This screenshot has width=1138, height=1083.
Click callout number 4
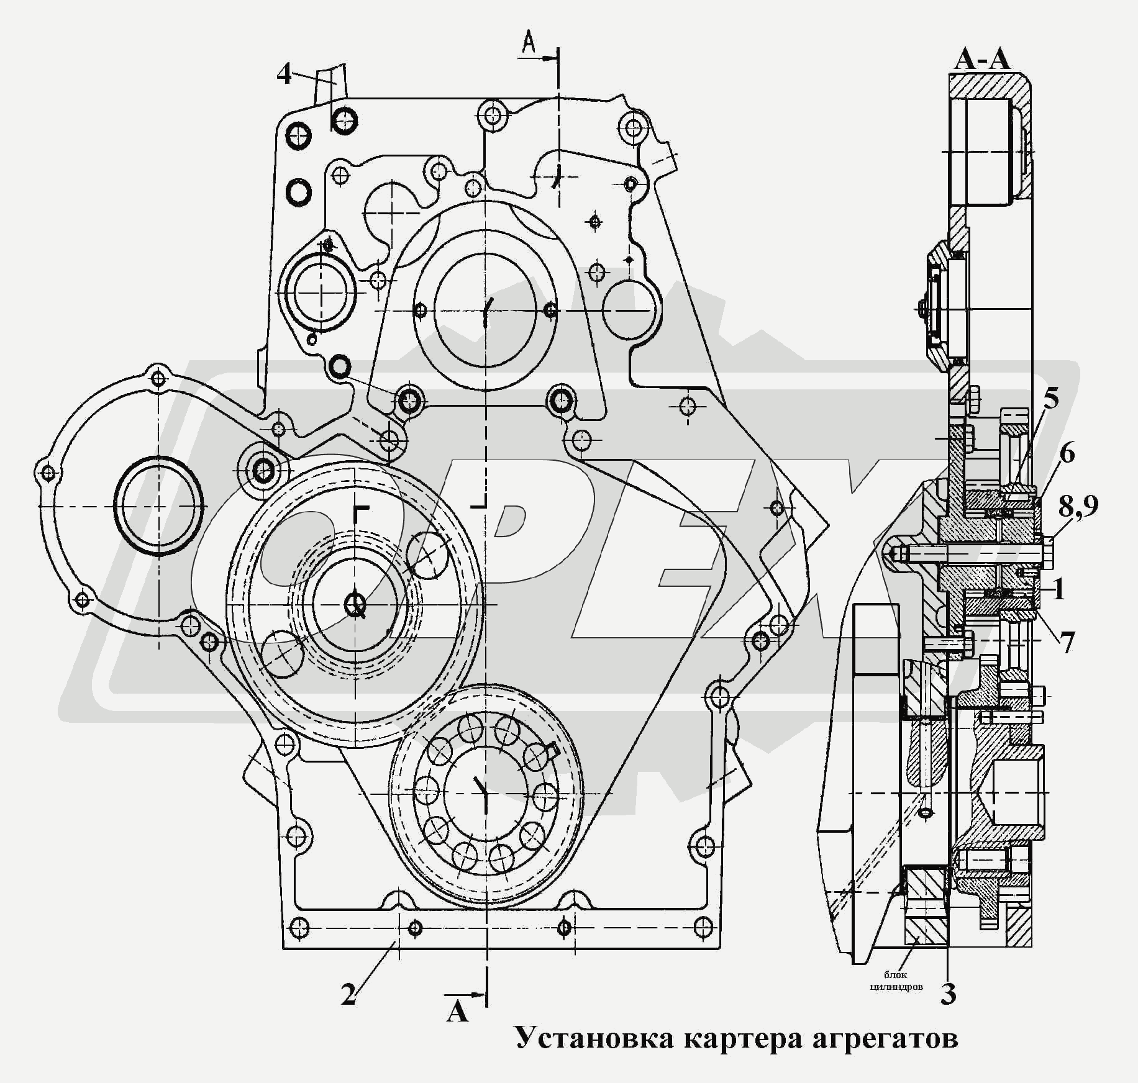coord(284,75)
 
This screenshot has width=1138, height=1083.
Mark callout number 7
coord(1067,643)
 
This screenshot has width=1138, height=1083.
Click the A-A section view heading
coord(982,60)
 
